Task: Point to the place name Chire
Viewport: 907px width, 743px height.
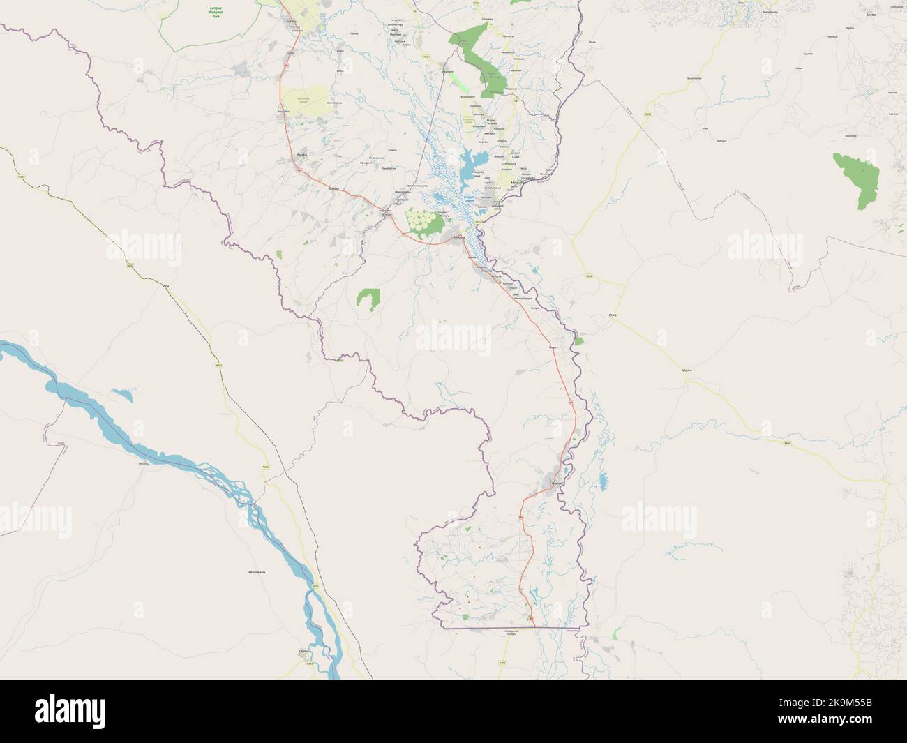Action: tap(613, 315)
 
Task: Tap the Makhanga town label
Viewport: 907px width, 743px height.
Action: tap(518, 183)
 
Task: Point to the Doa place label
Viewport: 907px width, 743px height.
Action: tap(166, 286)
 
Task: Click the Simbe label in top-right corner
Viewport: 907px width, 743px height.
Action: tap(890, 14)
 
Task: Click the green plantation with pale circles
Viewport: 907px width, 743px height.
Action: tap(423, 223)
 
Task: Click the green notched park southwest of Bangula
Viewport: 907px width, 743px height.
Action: tap(368, 298)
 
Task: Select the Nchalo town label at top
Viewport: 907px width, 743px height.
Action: tap(291, 20)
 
